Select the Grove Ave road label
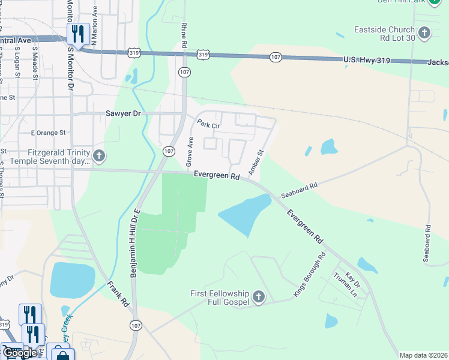click(x=190, y=152)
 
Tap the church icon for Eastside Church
click(x=424, y=32)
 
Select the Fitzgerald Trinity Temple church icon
click(x=100, y=157)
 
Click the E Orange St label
click(x=47, y=133)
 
